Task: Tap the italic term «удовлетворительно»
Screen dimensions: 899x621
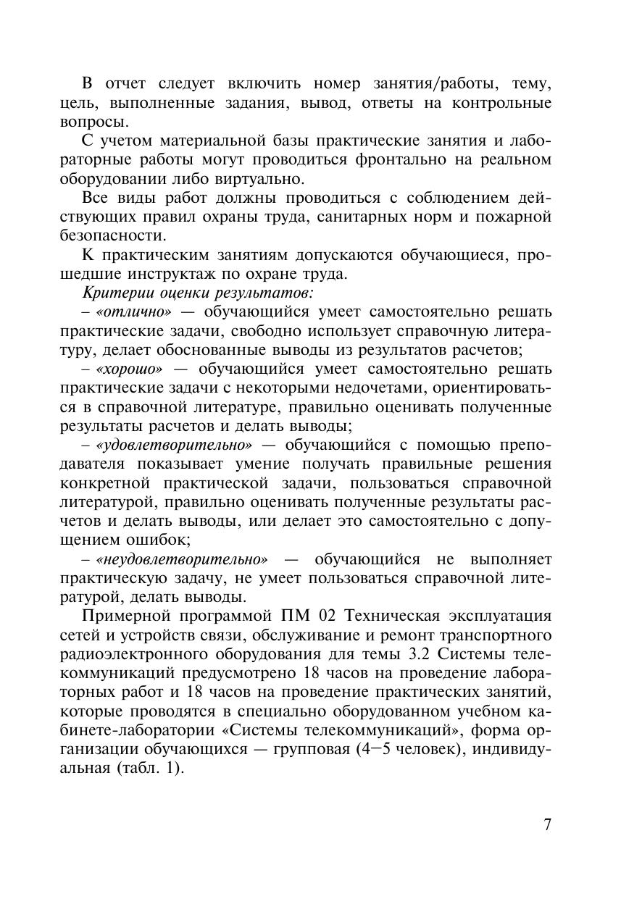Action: pos(174,444)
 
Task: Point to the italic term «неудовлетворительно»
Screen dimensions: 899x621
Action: pos(182,559)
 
